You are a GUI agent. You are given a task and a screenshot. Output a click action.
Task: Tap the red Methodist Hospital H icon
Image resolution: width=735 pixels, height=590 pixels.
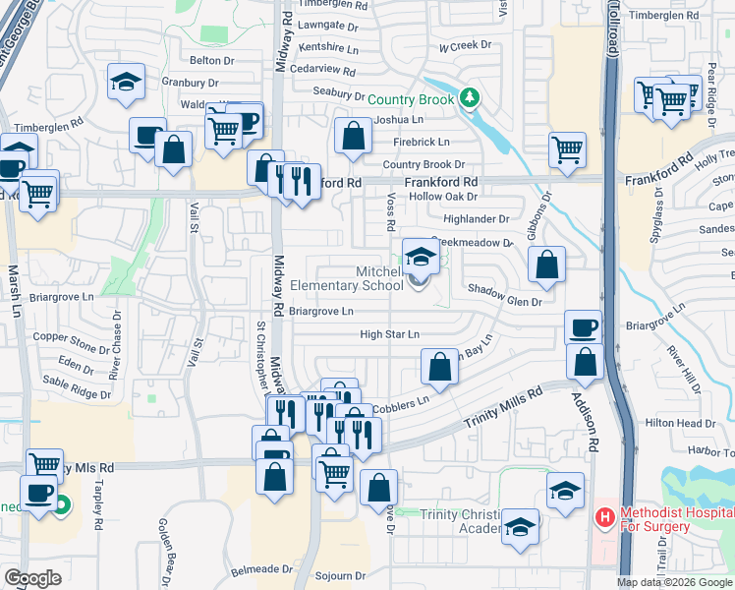coord(604,515)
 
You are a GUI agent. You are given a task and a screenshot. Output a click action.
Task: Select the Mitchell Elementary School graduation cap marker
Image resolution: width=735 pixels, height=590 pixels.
coord(421,259)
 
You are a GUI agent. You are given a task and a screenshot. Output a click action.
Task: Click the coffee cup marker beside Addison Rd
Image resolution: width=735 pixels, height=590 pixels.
coord(583,328)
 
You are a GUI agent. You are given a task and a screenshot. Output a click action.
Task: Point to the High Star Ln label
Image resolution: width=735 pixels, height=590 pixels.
coord(389,335)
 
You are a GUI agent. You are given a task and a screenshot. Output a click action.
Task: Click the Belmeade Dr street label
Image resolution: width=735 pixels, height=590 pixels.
coord(262,568)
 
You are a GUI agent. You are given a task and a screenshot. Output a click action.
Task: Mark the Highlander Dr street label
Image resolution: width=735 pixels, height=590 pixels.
coord(477,219)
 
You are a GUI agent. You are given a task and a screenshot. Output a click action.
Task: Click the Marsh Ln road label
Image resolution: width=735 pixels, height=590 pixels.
coord(14,290)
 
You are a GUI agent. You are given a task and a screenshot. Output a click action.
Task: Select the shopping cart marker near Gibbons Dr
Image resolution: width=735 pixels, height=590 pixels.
coord(568,150)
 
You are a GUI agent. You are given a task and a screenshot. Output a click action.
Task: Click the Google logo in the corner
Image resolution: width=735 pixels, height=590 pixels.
coord(32,578)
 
